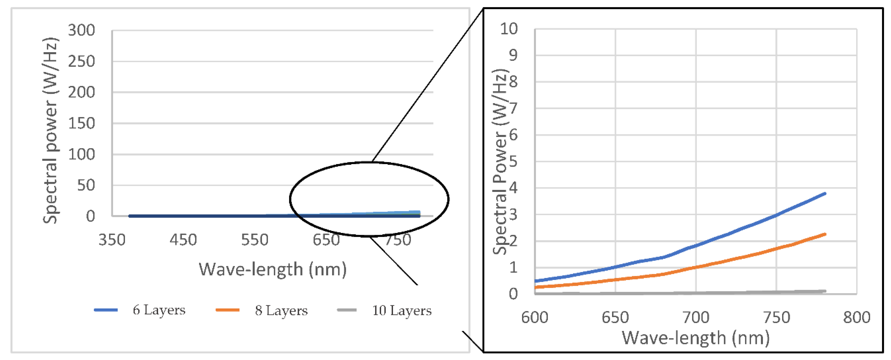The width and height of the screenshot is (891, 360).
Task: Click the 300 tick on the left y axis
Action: pos(81,30)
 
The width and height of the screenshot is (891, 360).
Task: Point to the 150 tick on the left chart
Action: pos(81,123)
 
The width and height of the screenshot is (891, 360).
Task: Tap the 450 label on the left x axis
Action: pos(183,240)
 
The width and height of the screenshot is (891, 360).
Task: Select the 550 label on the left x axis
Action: pos(254,240)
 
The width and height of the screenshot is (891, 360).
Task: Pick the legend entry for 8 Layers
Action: pos(281,311)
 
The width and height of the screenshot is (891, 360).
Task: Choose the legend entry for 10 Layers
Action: pos(401,311)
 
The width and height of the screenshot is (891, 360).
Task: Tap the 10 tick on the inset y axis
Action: pos(509,29)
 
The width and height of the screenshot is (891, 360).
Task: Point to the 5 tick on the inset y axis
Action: pos(513,162)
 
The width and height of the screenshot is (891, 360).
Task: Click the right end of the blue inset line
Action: pos(825,194)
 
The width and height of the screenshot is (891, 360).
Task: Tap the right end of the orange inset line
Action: pos(825,235)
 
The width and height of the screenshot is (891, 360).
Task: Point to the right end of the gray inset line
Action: pos(825,291)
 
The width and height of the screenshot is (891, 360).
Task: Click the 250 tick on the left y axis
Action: pos(81,62)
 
